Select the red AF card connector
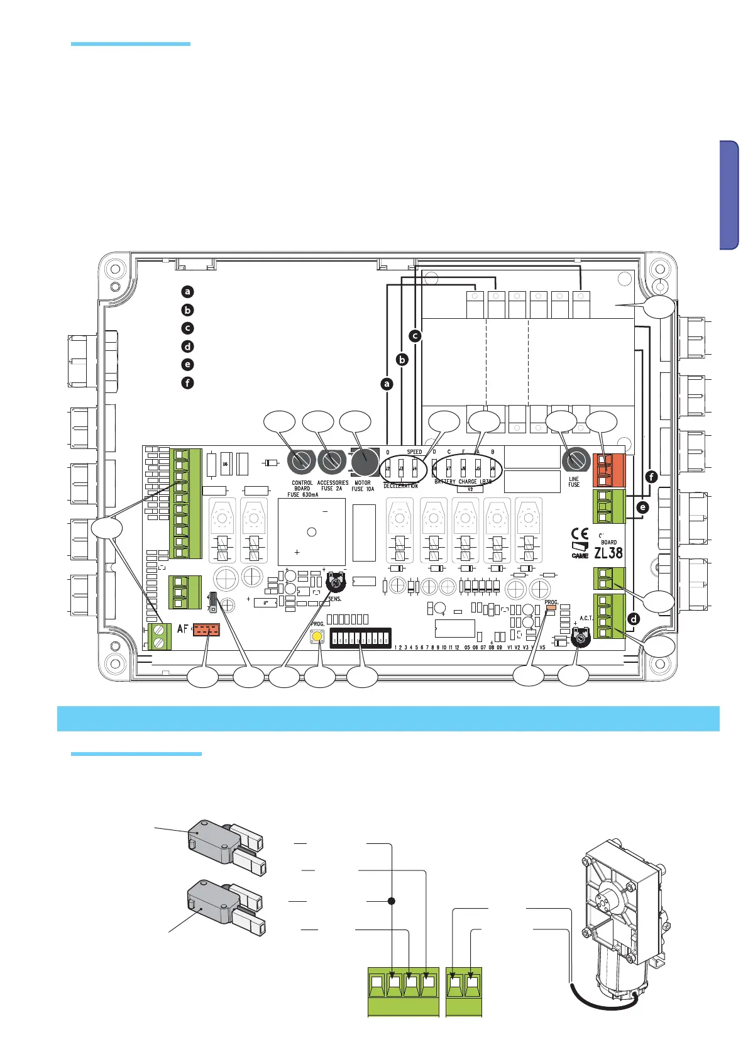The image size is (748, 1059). tap(206, 630)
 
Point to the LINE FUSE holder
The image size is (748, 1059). tap(575, 461)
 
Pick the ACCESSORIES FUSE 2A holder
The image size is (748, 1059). tap(332, 462)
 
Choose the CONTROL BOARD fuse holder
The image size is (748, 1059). tap(301, 462)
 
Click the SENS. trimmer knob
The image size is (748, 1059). tap(337, 583)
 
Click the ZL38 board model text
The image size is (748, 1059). tap(608, 553)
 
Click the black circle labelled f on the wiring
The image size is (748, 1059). tap(651, 477)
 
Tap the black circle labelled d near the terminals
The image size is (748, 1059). tap(633, 619)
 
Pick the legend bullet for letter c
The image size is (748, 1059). tap(187, 328)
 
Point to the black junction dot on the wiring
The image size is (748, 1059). tap(392, 901)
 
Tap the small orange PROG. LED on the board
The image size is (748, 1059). tap(551, 609)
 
